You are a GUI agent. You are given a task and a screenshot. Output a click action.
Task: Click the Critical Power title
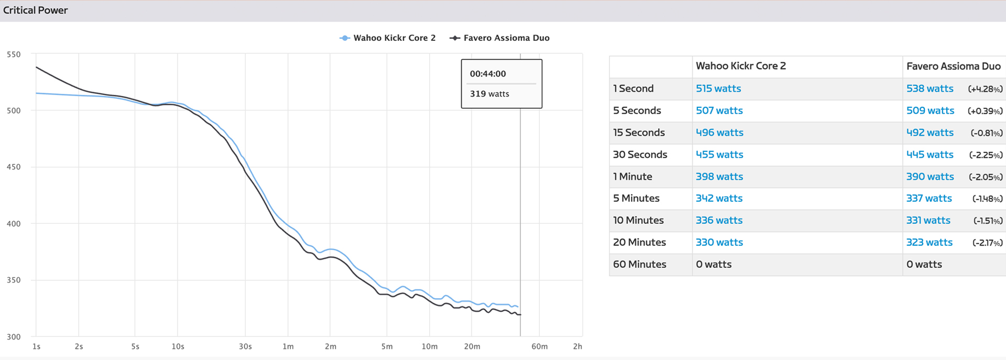click(36, 10)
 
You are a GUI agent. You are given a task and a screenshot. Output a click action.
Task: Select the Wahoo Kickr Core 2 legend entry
click(394, 38)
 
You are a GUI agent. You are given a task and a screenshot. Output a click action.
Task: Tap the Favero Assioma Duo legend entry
click(506, 38)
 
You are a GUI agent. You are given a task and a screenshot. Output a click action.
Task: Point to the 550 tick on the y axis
click(14, 54)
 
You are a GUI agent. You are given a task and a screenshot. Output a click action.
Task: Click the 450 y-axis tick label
click(14, 167)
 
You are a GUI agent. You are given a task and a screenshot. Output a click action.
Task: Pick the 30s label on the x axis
click(245, 346)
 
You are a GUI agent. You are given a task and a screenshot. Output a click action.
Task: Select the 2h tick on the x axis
click(577, 346)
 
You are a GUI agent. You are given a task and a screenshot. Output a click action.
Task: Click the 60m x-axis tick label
click(539, 346)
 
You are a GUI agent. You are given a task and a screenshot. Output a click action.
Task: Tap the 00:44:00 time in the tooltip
click(488, 74)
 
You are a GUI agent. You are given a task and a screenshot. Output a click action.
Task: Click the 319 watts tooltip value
click(489, 94)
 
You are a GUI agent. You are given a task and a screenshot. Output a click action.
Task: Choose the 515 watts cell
click(718, 89)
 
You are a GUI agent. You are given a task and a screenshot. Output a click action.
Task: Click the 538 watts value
click(930, 89)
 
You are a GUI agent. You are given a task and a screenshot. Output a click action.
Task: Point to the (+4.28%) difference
click(985, 89)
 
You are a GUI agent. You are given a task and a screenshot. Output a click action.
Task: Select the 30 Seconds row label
click(640, 155)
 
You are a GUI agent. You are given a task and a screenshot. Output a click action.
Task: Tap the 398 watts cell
click(719, 177)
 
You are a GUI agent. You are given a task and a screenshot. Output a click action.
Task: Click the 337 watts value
click(929, 198)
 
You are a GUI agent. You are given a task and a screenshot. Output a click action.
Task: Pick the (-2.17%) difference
click(987, 243)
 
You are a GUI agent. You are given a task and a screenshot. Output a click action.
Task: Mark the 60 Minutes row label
click(639, 264)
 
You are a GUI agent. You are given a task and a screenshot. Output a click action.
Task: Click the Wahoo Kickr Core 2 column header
click(740, 66)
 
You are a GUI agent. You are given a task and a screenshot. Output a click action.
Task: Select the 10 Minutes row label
click(638, 220)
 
